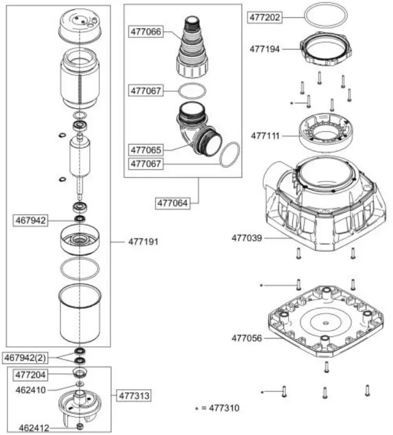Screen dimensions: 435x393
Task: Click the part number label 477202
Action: pos(265,17)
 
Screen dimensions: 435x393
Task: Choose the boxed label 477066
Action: pos(146,32)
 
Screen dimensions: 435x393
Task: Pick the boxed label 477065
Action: pos(146,150)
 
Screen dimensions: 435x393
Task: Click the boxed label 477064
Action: pos(172,202)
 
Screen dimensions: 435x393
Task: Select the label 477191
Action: pos(143,241)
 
